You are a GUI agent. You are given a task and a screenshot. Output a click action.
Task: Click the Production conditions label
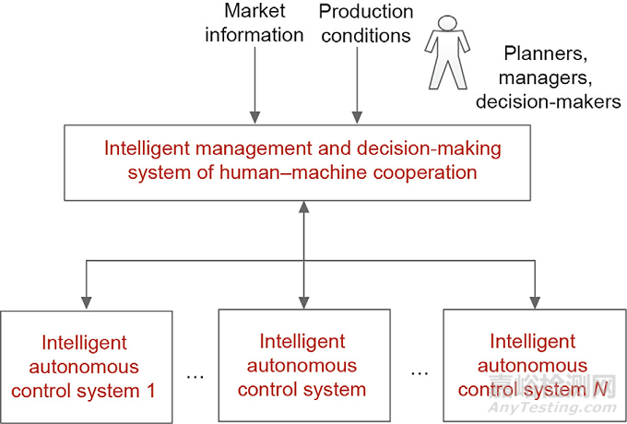(x=366, y=24)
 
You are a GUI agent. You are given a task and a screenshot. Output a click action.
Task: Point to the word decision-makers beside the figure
(x=548, y=101)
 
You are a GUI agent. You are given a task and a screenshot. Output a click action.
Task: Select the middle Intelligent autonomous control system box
(x=302, y=366)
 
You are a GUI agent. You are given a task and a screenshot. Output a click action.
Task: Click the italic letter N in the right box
(x=576, y=390)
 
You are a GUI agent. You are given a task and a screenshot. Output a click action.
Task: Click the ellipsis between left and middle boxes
(x=195, y=376)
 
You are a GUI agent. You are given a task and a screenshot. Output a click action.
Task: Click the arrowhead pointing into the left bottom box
(x=86, y=302)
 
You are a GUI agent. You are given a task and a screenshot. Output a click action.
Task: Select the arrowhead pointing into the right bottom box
(x=533, y=302)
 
